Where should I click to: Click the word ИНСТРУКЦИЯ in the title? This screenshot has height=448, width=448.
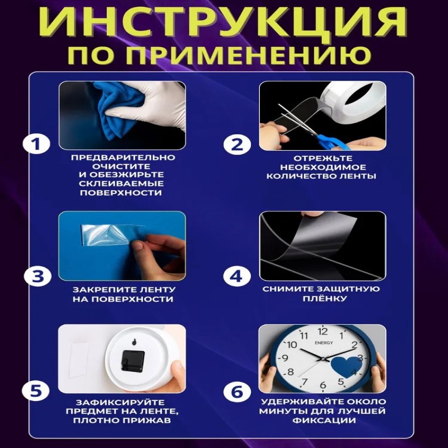[223, 22]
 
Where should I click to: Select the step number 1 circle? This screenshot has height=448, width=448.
[36, 144]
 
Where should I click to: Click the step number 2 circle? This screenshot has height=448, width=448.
[237, 144]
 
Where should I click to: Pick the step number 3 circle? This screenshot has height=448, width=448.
[38, 277]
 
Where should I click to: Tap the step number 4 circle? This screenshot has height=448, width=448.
[237, 277]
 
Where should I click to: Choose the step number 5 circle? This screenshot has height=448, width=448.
[36, 390]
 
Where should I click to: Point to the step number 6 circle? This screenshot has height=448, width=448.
[237, 391]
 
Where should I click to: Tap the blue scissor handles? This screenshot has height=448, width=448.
[334, 142]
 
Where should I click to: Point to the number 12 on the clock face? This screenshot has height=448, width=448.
[323, 332]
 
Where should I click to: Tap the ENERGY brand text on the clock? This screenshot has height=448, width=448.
[324, 343]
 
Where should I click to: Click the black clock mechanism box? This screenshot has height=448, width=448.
[133, 361]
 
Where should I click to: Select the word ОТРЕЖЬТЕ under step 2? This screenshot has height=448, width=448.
[323, 158]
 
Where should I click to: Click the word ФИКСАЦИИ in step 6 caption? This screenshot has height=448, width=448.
[324, 421]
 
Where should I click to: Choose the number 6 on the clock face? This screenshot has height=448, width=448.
[323, 385]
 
